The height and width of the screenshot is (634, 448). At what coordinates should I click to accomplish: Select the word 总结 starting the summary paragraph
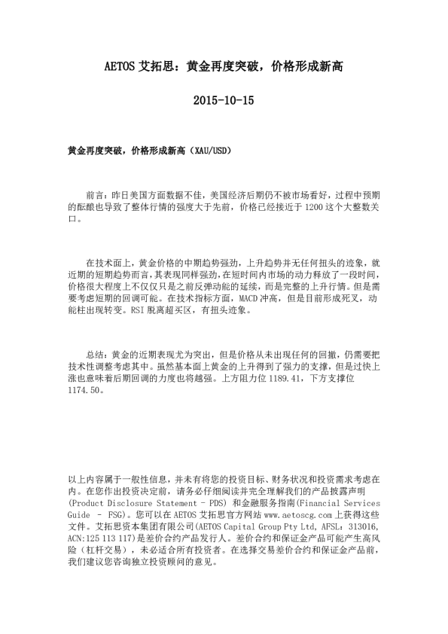[x=96, y=354]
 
